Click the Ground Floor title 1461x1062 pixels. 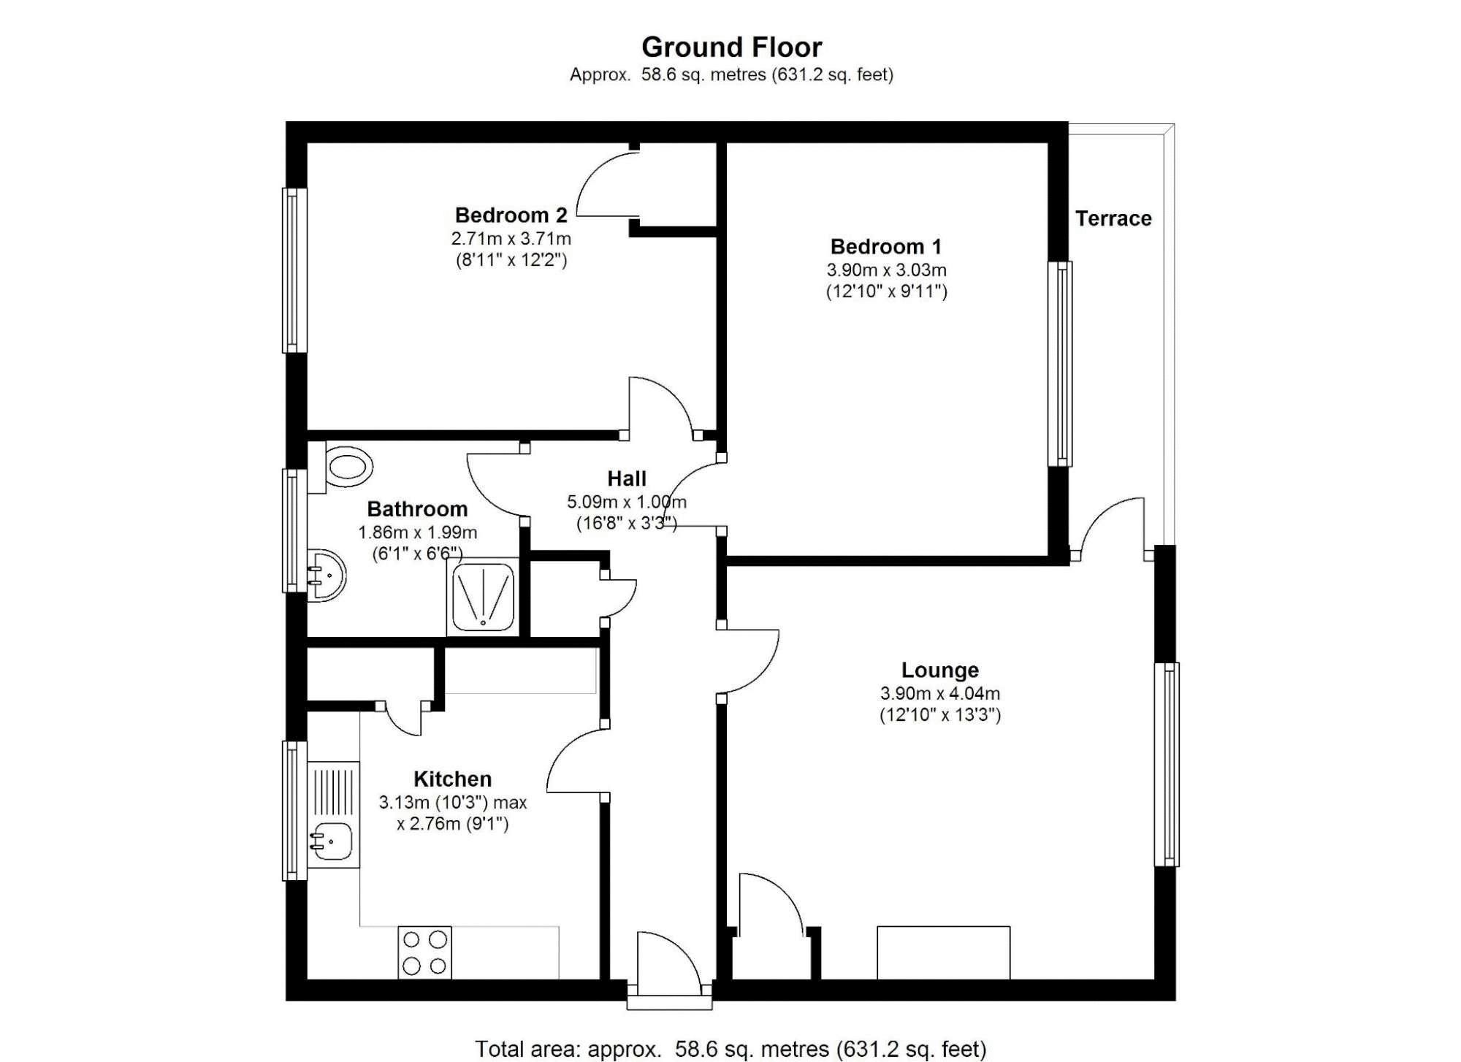coord(731,47)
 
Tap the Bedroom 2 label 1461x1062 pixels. coord(511,215)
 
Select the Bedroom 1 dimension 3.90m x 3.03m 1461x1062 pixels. coord(886,270)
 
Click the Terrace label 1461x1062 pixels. coord(1113,218)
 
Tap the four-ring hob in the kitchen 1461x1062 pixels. coord(424,952)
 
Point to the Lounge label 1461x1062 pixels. coord(939,670)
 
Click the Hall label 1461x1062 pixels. coord(627,478)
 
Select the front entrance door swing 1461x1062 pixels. coord(668,961)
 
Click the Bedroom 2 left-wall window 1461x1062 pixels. coord(294,270)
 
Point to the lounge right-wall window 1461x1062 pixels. coord(1167,764)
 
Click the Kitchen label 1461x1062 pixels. coord(452,779)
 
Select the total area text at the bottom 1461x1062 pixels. coord(730,1049)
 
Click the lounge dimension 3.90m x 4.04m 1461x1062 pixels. coord(939,693)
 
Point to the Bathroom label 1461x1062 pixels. coord(417,509)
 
